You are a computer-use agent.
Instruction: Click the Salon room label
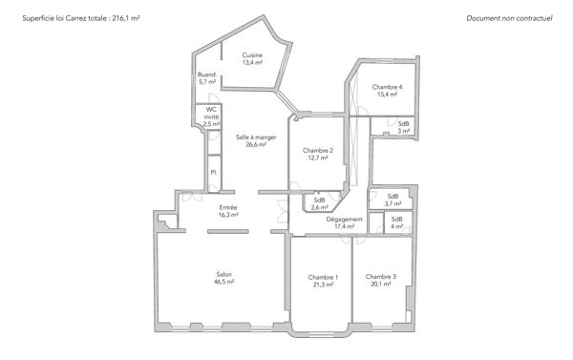pos(223,275)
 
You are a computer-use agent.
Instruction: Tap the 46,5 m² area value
pos(223,284)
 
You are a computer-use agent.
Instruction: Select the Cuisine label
pos(252,54)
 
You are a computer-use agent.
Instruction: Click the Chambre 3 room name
pos(380,277)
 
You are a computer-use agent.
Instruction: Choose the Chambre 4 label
pos(387,87)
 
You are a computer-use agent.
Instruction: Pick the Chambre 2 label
pos(318,151)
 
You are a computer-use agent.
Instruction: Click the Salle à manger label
pos(256,138)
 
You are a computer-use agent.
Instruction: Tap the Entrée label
pos(228,207)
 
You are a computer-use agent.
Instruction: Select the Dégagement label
pos(344,219)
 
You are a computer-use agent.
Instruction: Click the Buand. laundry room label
pos(207,74)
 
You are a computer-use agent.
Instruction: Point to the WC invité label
pos(212,113)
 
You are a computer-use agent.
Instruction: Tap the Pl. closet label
pos(214,172)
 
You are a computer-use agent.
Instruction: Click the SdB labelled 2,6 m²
pos(320,200)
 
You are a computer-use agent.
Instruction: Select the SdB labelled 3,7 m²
pos(393,196)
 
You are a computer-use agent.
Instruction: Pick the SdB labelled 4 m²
pos(396,219)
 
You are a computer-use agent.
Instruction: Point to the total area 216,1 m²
pos(123,18)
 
